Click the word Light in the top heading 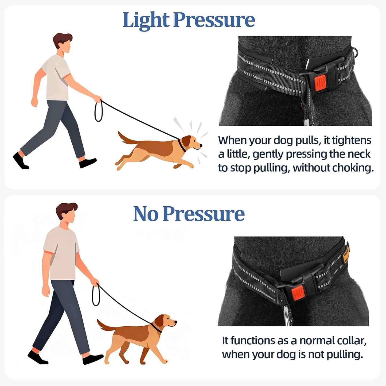click(146, 20)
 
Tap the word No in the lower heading click(146, 214)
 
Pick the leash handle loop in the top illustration click(98, 111)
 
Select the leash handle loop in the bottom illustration click(96, 295)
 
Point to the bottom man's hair click(67, 209)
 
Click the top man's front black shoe click(88, 163)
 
